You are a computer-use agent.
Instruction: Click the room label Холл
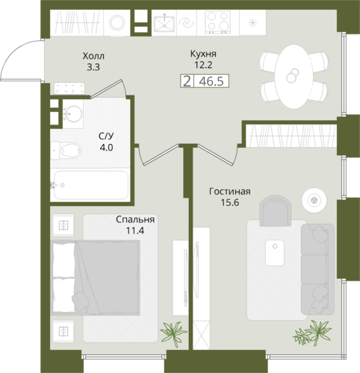pyautogui.click(x=93, y=56)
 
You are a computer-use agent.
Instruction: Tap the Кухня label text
pyautogui.click(x=203, y=54)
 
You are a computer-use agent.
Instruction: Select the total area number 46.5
pyautogui.click(x=211, y=81)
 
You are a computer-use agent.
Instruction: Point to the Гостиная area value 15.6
pyautogui.click(x=230, y=203)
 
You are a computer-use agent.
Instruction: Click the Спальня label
pyautogui.click(x=135, y=219)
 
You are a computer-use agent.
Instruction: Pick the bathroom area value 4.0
pyautogui.click(x=106, y=148)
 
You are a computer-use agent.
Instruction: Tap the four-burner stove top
pyautogui.click(x=218, y=22)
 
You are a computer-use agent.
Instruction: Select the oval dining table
pyautogui.click(x=293, y=77)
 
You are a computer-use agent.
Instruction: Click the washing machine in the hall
pyautogui.click(x=117, y=23)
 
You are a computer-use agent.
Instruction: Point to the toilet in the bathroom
pyautogui.click(x=66, y=150)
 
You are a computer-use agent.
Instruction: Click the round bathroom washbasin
pyautogui.click(x=72, y=114)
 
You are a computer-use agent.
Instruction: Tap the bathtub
pyautogui.click(x=90, y=185)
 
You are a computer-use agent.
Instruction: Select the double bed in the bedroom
pyautogui.click(x=95, y=278)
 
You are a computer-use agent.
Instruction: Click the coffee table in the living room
pyautogui.click(x=275, y=253)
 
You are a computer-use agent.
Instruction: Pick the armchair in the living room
pyautogui.click(x=275, y=211)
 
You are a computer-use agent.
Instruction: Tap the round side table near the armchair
pyautogui.click(x=314, y=200)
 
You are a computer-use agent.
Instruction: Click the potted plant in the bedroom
pyautogui.click(x=173, y=333)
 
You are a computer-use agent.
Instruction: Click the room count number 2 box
pyautogui.click(x=187, y=81)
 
